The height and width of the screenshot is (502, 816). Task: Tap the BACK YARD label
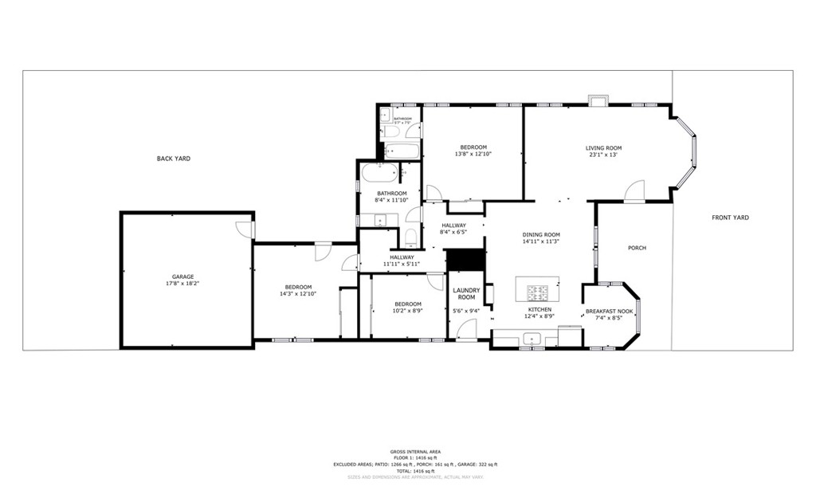pyautogui.click(x=173, y=159)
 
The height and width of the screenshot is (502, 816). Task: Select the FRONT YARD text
pyautogui.click(x=730, y=218)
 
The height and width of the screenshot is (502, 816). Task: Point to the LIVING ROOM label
pyautogui.click(x=603, y=148)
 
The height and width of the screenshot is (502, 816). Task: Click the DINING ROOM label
pyautogui.click(x=541, y=235)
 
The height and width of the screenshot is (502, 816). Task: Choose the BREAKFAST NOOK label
pyautogui.click(x=609, y=312)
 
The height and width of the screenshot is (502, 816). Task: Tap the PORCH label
pyautogui.click(x=637, y=248)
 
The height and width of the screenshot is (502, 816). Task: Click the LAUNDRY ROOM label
pyautogui.click(x=466, y=294)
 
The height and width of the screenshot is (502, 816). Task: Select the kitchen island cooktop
pyautogui.click(x=537, y=289)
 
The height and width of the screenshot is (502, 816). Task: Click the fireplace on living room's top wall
pyautogui.click(x=597, y=100)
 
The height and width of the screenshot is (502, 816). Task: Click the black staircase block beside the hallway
pyautogui.click(x=465, y=260)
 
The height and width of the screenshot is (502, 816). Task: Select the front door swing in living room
pyautogui.click(x=634, y=190)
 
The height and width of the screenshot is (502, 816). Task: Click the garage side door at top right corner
pyautogui.click(x=245, y=229)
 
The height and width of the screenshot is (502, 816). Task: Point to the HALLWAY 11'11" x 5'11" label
pyautogui.click(x=402, y=261)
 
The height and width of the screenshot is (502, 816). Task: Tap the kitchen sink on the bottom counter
pyautogui.click(x=529, y=339)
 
